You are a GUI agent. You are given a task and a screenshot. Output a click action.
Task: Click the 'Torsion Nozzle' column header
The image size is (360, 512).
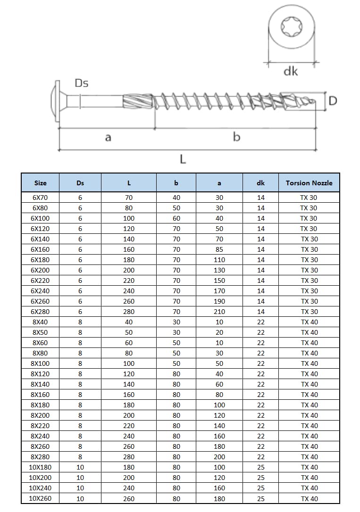coord(309,183)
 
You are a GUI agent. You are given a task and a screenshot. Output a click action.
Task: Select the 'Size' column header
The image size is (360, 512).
coord(41,183)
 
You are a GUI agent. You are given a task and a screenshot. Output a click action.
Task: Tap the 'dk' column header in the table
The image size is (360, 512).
coord(261,183)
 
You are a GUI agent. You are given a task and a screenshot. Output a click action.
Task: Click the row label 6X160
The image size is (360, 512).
coord(41,249)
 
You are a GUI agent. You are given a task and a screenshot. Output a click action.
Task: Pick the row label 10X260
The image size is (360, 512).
coord(41,498)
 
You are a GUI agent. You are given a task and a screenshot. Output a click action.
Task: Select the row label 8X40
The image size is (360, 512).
coord(41,322)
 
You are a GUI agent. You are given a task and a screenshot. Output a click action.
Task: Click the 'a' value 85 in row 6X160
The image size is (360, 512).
coord(219,249)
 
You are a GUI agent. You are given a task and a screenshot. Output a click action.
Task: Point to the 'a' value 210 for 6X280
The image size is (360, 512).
coord(219,312)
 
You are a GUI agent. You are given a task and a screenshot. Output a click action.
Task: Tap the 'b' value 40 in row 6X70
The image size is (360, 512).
coord(176,198)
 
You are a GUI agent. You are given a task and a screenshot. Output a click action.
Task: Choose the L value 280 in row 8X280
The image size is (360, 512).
coord(129,457)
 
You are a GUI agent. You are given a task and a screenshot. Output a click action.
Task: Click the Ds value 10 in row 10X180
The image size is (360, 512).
coord(80,467)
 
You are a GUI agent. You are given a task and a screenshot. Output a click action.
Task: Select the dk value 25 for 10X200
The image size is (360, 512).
coord(261,478)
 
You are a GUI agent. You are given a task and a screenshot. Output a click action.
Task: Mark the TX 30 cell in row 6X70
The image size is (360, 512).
coord(309,198)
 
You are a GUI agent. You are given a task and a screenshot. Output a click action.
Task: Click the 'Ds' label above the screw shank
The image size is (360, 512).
coord(81,83)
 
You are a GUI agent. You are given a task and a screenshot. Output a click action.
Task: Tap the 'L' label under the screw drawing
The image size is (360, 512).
coord(183,160)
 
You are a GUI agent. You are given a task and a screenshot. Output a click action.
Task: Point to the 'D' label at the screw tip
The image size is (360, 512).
coord(333,101)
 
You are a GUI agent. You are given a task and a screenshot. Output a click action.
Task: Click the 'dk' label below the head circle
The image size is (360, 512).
coord(291,71)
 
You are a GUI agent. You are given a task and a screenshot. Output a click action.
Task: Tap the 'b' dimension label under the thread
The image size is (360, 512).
coord(237,137)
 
